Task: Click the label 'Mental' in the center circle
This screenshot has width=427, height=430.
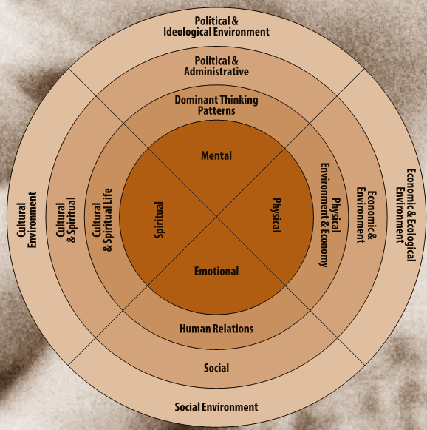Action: pyautogui.click(x=216, y=155)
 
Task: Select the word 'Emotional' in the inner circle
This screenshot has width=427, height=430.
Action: pyautogui.click(x=216, y=271)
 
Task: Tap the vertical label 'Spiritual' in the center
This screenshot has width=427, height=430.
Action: pyautogui.click(x=159, y=220)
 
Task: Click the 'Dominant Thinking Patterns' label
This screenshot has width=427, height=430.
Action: pyautogui.click(x=216, y=105)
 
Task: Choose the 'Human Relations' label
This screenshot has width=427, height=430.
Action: pyautogui.click(x=216, y=329)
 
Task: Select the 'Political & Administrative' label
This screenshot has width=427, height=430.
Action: pyautogui.click(x=216, y=66)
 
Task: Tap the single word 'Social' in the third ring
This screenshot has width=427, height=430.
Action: pyautogui.click(x=216, y=368)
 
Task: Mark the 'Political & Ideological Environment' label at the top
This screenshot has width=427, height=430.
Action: pyautogui.click(x=216, y=26)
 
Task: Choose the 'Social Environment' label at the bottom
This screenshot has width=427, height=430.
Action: pyautogui.click(x=216, y=407)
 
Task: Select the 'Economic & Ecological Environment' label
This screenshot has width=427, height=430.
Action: pyautogui.click(x=406, y=214)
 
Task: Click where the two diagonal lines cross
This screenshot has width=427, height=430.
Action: pyautogui.click(x=216, y=216)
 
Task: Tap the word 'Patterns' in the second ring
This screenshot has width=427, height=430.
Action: pyautogui.click(x=216, y=110)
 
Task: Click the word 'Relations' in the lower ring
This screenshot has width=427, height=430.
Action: pyautogui.click(x=233, y=329)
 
